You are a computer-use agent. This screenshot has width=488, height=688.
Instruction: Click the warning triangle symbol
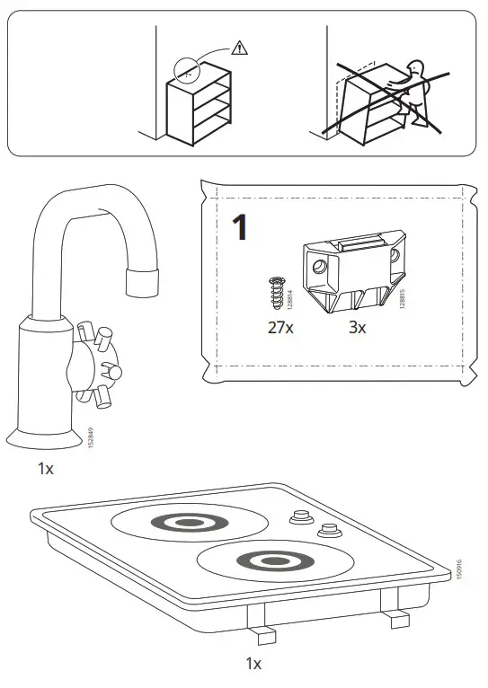pos(237,48)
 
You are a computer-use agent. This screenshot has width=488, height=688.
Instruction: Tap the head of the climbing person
pos(416,70)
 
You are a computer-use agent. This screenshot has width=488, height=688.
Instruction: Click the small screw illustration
pos(276,292)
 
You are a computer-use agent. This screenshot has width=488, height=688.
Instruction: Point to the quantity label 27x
pos(279,328)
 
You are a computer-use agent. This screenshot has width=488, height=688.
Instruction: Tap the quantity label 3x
pos(358,328)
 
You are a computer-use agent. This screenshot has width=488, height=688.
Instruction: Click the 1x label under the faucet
pos(46,468)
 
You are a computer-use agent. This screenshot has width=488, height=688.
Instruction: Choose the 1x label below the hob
pos(253,664)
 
